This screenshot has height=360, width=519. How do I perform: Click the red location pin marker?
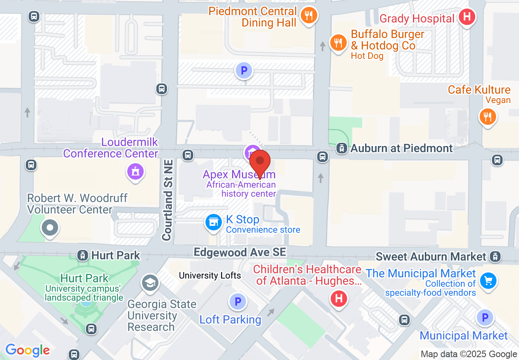pos(259,162)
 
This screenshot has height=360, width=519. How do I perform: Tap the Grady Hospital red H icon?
pos(466,17)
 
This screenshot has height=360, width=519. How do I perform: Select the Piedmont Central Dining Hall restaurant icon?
pos(308,16)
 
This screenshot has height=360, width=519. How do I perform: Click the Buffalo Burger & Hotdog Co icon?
pos(338,42)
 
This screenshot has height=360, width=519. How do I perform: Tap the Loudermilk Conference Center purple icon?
pos(135,171)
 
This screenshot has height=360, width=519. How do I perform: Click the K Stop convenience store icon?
pos(213,222)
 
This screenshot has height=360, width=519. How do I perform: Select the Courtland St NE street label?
pos(167,200)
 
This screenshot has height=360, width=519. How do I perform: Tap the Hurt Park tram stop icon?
pos(83,256)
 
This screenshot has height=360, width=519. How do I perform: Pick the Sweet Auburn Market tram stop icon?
pos(495,256)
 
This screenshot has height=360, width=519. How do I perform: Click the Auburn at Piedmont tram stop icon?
pos(341,148)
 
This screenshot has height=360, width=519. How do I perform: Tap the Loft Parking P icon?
pos(237,302)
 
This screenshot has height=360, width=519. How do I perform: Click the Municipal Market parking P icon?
pos(485,317)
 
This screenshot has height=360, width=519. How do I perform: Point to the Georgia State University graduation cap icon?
pos(150,282)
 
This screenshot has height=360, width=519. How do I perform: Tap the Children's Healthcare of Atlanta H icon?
pos(338,298)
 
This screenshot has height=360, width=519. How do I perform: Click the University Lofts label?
pos(210,276)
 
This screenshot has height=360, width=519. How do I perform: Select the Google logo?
pos(27,350)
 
